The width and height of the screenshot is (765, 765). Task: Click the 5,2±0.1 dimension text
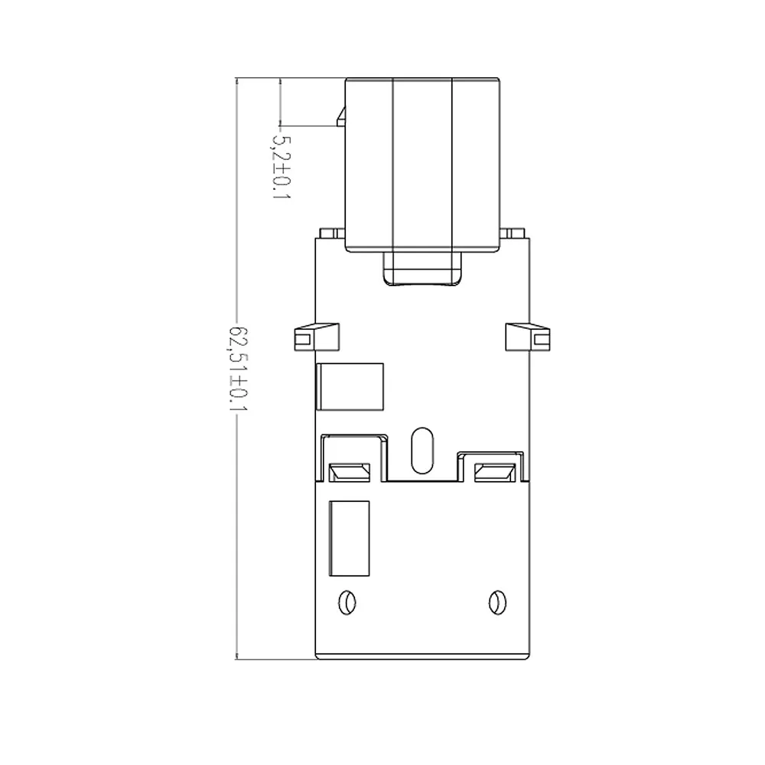[281, 167]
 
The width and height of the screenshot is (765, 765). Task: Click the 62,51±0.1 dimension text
[239, 369]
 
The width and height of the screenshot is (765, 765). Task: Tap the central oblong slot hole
[422, 451]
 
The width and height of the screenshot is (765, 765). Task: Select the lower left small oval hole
[347, 603]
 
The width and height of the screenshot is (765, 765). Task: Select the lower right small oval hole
[497, 603]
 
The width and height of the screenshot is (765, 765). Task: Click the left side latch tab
[317, 337]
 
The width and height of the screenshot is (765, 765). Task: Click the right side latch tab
[527, 337]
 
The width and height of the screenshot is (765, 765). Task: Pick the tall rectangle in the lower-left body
[350, 538]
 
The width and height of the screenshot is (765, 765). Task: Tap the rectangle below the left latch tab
[350, 386]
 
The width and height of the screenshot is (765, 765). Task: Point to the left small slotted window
[350, 472]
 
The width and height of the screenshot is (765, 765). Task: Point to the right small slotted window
[495, 472]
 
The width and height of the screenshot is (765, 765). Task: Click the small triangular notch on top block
[341, 117]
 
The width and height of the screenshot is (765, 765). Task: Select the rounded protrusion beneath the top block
[422, 269]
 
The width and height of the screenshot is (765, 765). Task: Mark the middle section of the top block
[422, 164]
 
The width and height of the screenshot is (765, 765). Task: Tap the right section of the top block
[476, 164]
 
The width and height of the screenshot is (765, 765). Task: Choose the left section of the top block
[369, 164]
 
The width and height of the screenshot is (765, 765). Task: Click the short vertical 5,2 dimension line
[280, 102]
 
